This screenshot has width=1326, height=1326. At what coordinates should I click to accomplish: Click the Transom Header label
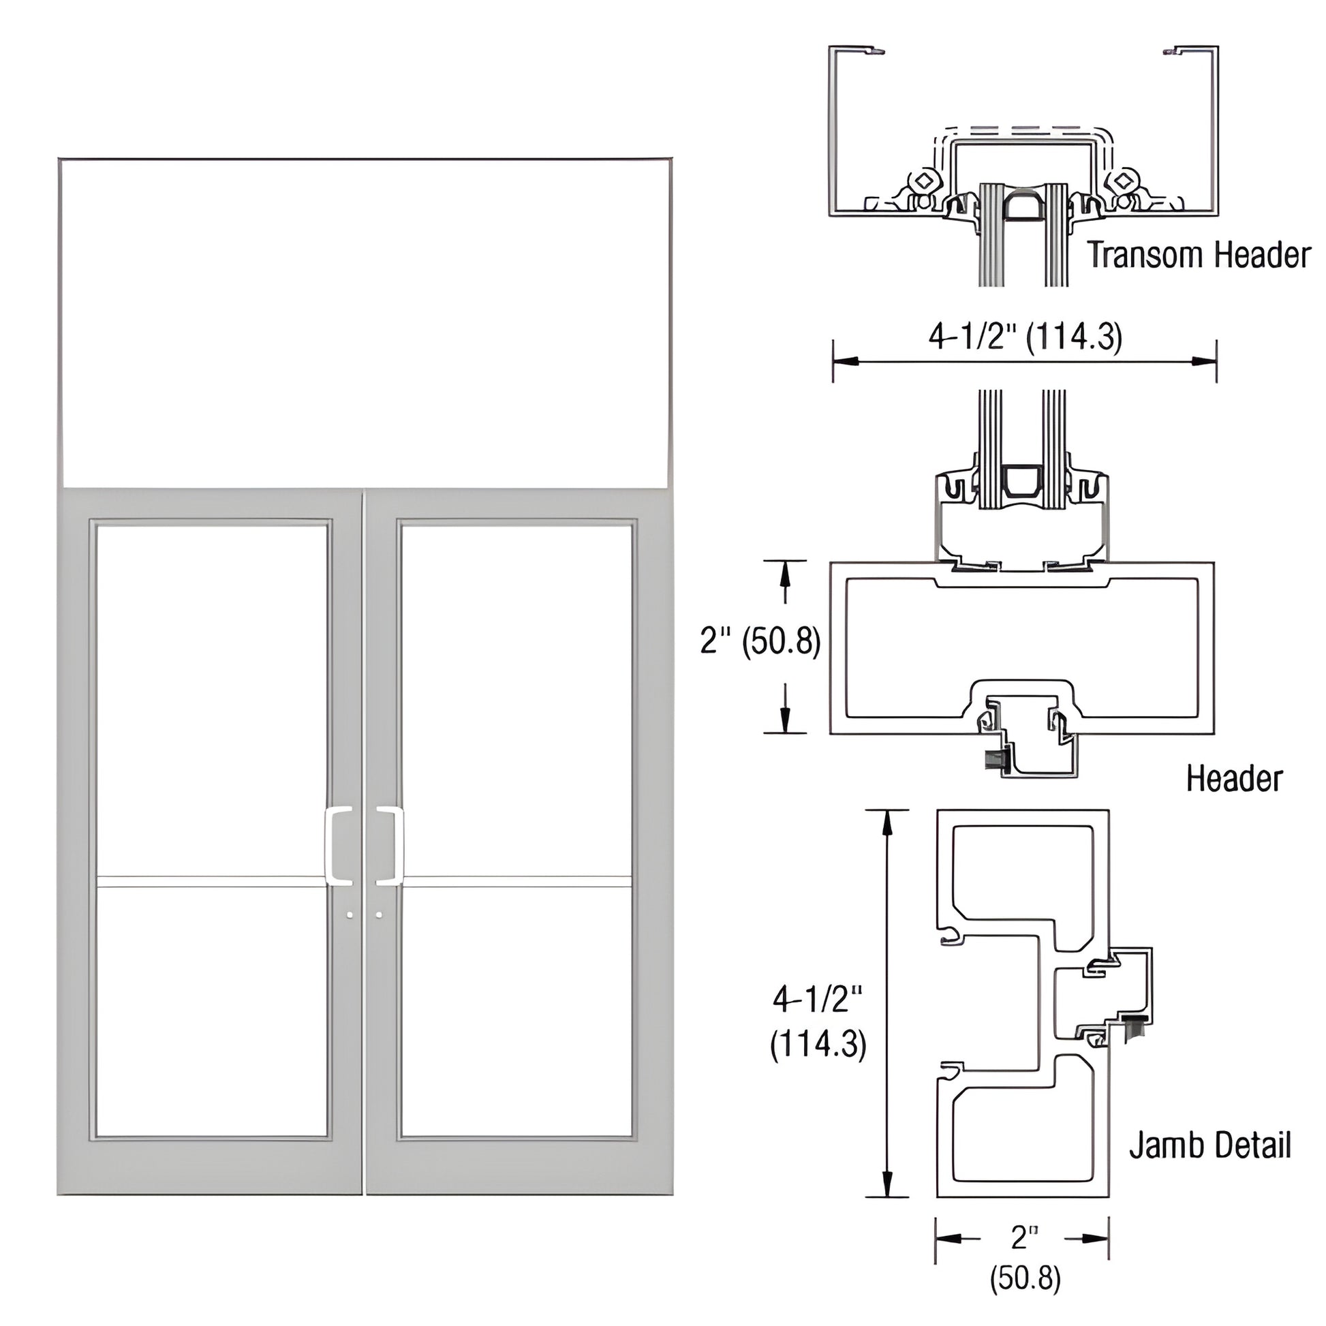(x=1199, y=256)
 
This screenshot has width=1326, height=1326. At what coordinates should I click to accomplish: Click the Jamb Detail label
(x=1209, y=1145)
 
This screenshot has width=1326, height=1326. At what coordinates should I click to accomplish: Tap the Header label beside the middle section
(x=1234, y=779)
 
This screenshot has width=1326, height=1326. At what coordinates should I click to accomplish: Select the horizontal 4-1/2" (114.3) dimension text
(x=1026, y=337)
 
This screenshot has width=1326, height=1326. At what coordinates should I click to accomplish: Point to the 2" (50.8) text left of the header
(x=760, y=642)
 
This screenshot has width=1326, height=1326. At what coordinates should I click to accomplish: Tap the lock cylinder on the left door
(x=351, y=915)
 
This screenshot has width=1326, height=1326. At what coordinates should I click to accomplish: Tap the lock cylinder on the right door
(x=379, y=915)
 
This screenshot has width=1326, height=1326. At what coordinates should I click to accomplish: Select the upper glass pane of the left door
(x=211, y=700)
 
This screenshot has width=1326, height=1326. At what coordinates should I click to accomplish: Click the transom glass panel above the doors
(x=364, y=322)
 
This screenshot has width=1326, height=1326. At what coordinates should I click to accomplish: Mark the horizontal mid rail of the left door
(x=211, y=882)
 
